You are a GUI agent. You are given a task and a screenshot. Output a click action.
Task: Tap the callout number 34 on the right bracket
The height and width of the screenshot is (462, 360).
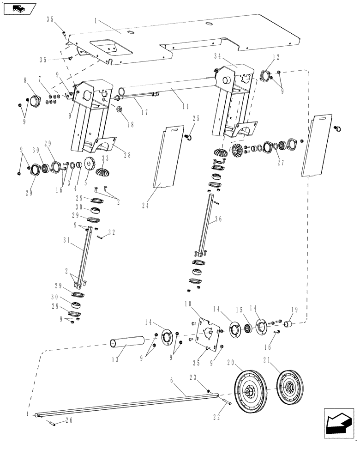point(219,56)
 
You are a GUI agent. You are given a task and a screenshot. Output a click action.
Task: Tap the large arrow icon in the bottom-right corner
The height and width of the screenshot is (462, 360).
point(339,421)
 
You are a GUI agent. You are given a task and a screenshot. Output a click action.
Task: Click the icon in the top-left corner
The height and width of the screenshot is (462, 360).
point(18,8)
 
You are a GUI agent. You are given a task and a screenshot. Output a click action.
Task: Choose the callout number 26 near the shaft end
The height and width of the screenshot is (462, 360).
point(69,420)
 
